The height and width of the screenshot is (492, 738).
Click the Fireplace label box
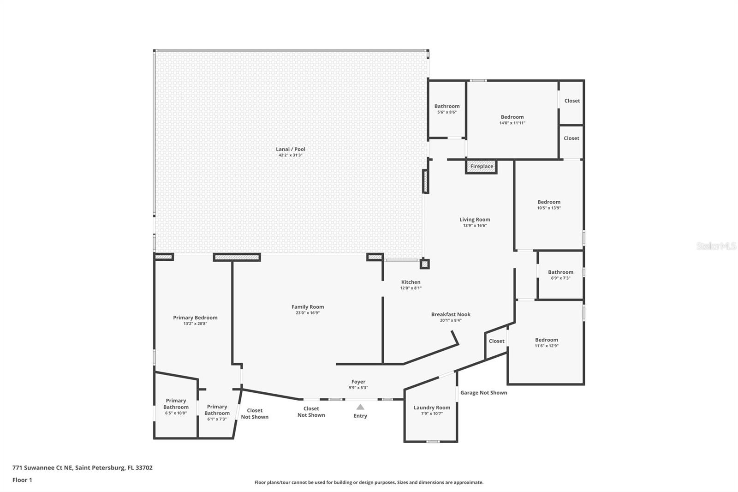click(x=482, y=166)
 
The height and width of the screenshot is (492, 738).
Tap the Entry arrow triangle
click(x=360, y=407)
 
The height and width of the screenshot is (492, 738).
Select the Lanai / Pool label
click(x=291, y=149)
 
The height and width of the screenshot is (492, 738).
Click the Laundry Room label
click(x=432, y=408)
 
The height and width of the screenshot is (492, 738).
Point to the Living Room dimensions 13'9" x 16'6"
click(x=475, y=226)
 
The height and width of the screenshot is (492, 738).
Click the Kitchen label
click(x=411, y=282)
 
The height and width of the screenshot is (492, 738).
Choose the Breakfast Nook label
click(x=451, y=314)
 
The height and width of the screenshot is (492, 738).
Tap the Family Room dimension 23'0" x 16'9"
click(x=308, y=313)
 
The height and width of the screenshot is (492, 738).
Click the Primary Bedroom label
click(x=195, y=318)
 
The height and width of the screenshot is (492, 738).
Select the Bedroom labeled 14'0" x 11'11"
click(x=512, y=117)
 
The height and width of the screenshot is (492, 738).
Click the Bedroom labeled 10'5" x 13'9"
click(x=549, y=202)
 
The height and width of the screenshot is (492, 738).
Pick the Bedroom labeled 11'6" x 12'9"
click(x=547, y=340)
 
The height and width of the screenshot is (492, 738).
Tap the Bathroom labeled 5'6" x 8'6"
click(x=447, y=107)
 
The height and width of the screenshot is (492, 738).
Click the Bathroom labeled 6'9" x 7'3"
click(x=560, y=272)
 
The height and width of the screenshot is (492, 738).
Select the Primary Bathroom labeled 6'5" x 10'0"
click(x=176, y=404)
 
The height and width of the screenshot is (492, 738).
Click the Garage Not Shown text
click(x=484, y=393)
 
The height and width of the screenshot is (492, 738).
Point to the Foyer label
click(x=358, y=382)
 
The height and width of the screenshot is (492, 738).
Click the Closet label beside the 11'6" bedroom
click(x=497, y=341)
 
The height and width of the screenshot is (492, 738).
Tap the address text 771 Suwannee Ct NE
click(x=82, y=468)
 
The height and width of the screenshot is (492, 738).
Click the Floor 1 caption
click(x=22, y=480)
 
